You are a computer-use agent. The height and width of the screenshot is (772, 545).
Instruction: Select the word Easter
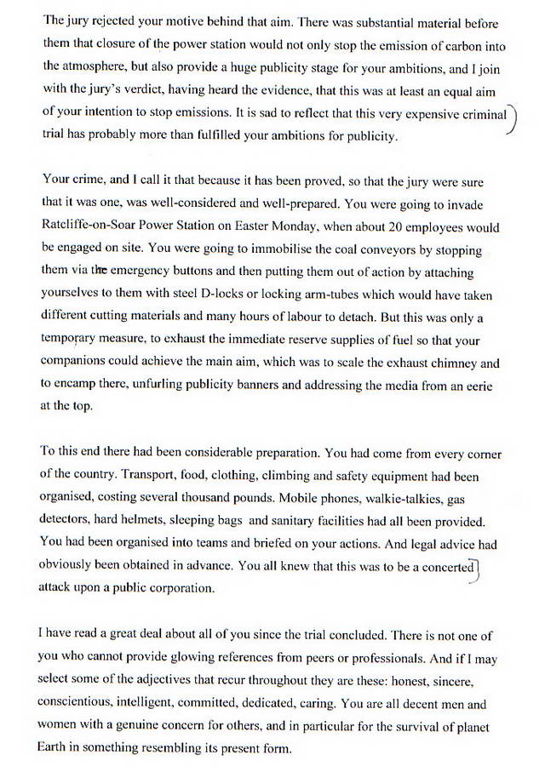pos(250,227)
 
